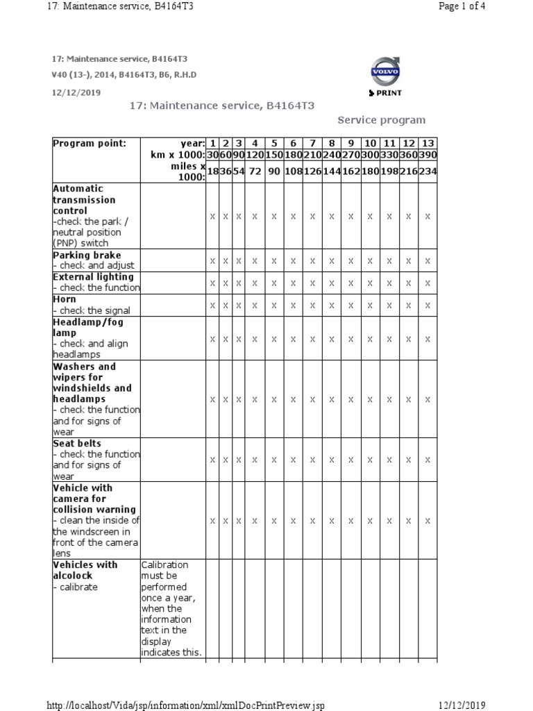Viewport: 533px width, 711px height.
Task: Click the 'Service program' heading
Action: click(x=382, y=120)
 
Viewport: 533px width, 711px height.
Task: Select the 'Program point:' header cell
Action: click(x=90, y=143)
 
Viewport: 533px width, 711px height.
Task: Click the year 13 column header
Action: click(x=428, y=143)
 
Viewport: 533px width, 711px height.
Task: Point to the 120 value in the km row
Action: click(x=255, y=154)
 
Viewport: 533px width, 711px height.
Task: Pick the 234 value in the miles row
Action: click(x=428, y=171)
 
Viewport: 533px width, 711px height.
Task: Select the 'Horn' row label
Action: click(x=65, y=299)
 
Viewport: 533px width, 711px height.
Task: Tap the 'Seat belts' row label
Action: click(x=77, y=443)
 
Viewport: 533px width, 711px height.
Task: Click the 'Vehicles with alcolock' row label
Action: click(x=85, y=570)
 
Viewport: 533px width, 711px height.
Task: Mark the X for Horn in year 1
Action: click(x=212, y=306)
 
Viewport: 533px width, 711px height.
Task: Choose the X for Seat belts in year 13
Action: click(x=428, y=460)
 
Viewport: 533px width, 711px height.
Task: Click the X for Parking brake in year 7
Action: click(x=312, y=261)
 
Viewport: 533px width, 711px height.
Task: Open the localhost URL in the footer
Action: click(x=185, y=705)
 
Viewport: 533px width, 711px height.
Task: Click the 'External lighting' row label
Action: click(x=93, y=276)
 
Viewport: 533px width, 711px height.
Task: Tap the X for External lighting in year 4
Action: click(x=255, y=283)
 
